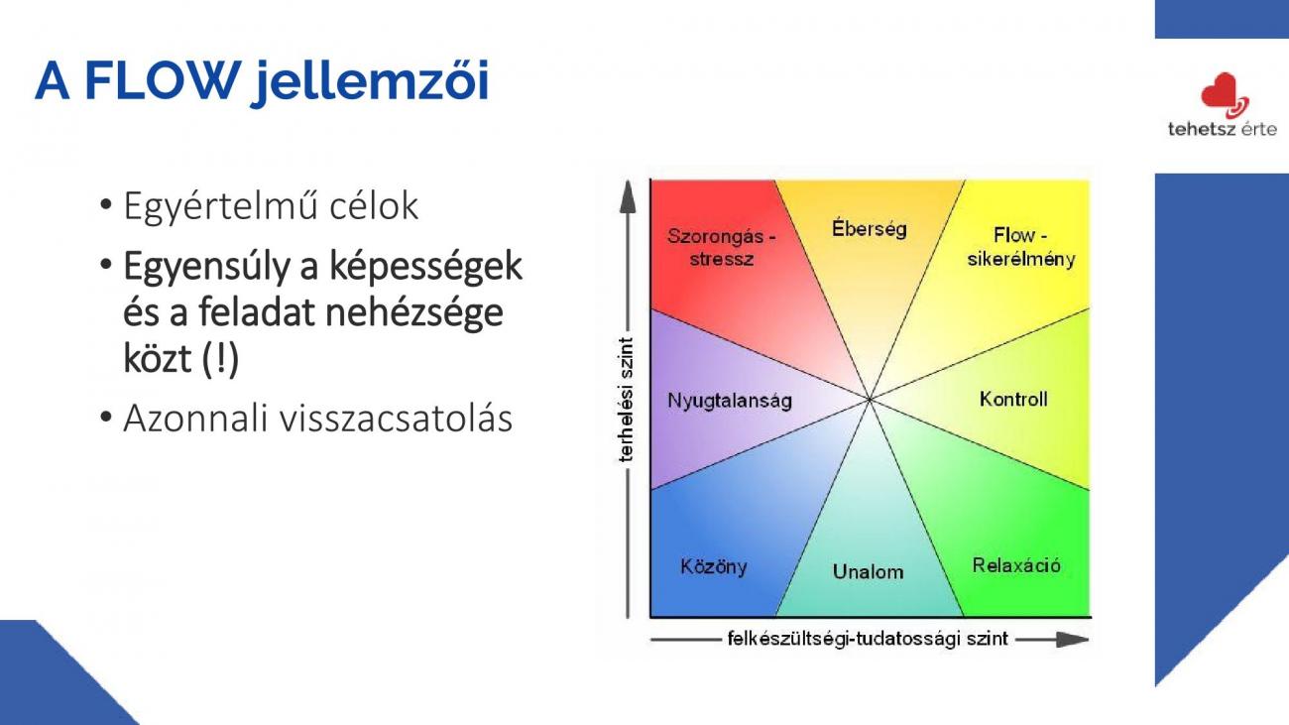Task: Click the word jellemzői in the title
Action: [371, 83]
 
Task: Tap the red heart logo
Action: [1224, 95]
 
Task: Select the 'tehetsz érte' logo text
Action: [1223, 129]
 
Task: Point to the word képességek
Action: [425, 267]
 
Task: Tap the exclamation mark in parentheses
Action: [221, 358]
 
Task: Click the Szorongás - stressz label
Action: [722, 247]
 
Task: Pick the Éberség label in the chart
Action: [869, 228]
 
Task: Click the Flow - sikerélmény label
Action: [1021, 247]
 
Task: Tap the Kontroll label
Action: [1013, 399]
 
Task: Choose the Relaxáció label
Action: [1016, 565]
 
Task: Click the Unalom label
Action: [868, 571]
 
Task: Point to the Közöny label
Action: [714, 566]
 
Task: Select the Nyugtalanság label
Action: [730, 401]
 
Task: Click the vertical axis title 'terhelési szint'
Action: [626, 400]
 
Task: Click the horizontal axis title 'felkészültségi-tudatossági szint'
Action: [868, 639]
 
